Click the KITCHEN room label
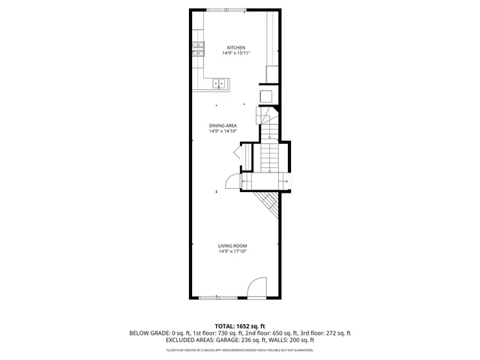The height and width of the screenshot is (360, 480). click(x=236, y=47)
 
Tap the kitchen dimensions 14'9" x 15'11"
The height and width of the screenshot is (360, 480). click(x=236, y=53)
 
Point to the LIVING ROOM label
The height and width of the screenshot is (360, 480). click(x=232, y=245)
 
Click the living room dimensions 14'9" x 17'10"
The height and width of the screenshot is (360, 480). click(x=232, y=251)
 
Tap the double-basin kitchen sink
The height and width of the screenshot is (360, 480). click(x=220, y=84)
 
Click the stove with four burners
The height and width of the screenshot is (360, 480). click(x=199, y=49)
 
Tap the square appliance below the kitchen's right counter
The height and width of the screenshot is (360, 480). click(x=265, y=95)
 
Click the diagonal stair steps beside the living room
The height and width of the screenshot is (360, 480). click(x=266, y=201)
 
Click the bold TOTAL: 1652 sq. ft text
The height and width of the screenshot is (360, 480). click(x=240, y=326)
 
